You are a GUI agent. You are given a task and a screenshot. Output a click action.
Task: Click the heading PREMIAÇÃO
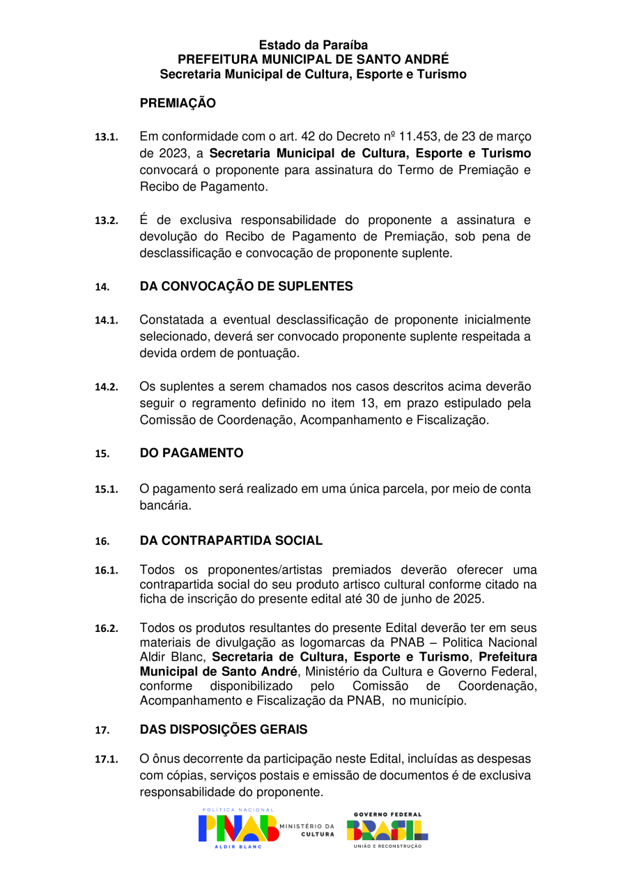click(x=178, y=104)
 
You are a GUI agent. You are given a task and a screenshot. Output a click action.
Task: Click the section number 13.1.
click(x=107, y=137)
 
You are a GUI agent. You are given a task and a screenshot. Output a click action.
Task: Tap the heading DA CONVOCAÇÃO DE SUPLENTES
click(x=246, y=287)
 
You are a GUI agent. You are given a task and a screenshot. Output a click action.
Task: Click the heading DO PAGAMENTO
click(x=192, y=454)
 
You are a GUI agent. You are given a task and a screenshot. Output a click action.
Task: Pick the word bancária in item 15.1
click(x=165, y=506)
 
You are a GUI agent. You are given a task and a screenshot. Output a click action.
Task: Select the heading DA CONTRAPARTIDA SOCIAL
click(x=231, y=541)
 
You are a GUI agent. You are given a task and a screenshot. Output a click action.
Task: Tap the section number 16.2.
click(x=107, y=629)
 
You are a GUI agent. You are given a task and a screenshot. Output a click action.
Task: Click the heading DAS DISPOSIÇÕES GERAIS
click(x=223, y=730)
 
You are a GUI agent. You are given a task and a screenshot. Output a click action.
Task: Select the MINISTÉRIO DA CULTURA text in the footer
click(x=307, y=830)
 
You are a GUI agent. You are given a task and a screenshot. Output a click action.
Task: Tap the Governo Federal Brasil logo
click(x=387, y=830)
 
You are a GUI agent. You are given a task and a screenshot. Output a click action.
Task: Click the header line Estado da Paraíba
click(x=313, y=45)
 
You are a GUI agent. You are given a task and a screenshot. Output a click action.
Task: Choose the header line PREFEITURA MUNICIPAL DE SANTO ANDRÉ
click(x=313, y=59)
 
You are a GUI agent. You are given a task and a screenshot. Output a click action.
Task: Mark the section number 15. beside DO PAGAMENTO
click(x=102, y=454)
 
